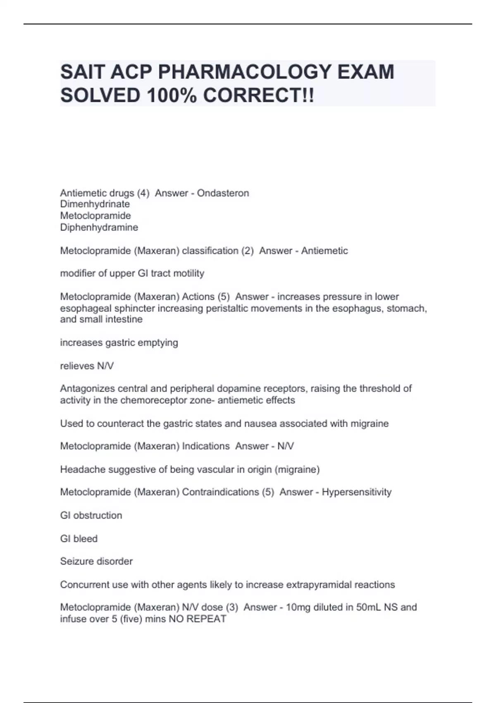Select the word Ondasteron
coord(223,193)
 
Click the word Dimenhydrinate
coord(95,204)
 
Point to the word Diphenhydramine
coord(99,227)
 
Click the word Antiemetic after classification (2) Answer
coord(324,251)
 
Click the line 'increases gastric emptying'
coord(119,343)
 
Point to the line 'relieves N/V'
coord(87,366)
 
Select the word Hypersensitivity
coord(357,492)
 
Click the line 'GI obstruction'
coord(91,516)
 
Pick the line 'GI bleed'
coord(79,539)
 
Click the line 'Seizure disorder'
coord(96,562)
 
